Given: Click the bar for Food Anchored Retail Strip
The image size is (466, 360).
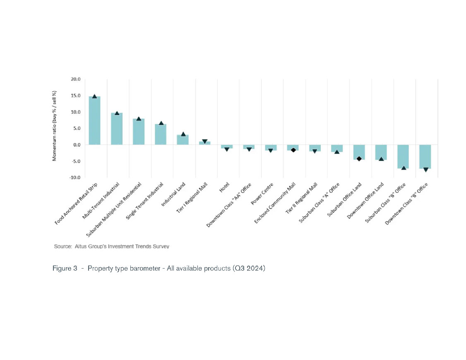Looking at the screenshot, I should point(94,121).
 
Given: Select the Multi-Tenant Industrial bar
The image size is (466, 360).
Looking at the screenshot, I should point(117,129).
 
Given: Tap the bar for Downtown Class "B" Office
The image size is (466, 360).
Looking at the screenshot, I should point(425,156).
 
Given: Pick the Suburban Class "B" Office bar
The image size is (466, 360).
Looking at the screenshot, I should point(403,156).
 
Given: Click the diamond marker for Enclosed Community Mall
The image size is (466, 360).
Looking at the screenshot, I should point(293,150).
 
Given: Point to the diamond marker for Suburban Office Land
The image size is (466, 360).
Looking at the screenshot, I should point(359,158).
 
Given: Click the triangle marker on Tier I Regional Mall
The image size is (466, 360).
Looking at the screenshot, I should point(204,142).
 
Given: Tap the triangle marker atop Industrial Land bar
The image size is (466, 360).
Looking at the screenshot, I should point(183,134).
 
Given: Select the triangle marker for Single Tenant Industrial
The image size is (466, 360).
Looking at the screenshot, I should point(161,123).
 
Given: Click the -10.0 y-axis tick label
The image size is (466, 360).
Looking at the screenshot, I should point(74,178).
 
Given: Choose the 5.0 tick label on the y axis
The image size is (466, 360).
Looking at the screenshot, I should point(76,128).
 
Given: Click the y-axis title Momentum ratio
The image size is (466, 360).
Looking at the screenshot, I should point(54,126).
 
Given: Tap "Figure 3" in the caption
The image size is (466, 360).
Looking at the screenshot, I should point(65,269).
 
